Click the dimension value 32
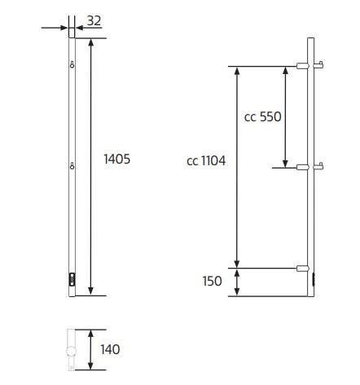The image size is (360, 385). [94, 21]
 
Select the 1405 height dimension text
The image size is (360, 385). [116, 160]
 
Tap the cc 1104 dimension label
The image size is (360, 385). [206, 161]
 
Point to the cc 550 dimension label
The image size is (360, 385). [262, 116]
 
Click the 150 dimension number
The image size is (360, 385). [211, 281]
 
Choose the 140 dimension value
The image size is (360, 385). [110, 349]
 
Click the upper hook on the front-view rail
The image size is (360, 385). [72, 65]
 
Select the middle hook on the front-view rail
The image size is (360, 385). [72, 167]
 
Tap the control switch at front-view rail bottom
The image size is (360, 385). [72, 280]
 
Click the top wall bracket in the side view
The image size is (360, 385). [304, 66]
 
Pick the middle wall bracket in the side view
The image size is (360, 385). [304, 167]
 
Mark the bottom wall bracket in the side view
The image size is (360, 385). [304, 267]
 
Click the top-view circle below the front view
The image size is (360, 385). [71, 352]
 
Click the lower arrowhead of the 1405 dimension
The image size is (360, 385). [90, 291]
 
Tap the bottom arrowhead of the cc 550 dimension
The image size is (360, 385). [286, 162]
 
